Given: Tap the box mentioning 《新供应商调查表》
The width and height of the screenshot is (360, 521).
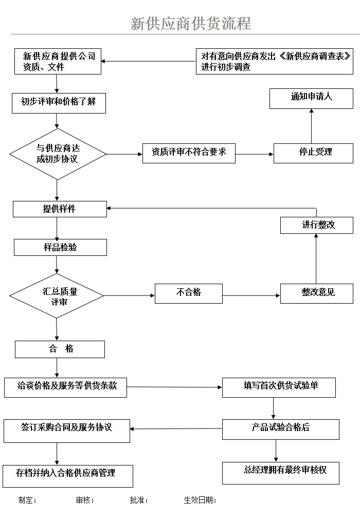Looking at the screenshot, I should [274, 62].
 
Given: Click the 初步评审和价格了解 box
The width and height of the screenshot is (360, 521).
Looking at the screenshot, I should [59, 102].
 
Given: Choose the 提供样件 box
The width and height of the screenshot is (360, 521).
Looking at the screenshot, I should [60, 209].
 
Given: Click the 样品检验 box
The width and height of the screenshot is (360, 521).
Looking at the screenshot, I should [60, 248].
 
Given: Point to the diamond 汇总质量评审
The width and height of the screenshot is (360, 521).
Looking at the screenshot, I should [57, 296].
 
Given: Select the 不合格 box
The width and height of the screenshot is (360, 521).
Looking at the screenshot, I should [189, 293].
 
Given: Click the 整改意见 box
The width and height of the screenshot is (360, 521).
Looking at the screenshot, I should [316, 293].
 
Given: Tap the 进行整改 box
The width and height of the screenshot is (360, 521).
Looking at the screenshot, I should [316, 225].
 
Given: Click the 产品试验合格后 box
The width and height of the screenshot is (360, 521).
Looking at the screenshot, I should [280, 429].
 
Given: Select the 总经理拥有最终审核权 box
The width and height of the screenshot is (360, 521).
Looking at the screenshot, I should [280, 473].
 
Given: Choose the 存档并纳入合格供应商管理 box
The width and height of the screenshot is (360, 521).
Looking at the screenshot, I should [67, 476].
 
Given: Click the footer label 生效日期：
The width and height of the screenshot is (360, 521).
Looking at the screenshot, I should [200, 500].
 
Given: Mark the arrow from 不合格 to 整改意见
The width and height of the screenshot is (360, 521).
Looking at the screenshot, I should [251, 295].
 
